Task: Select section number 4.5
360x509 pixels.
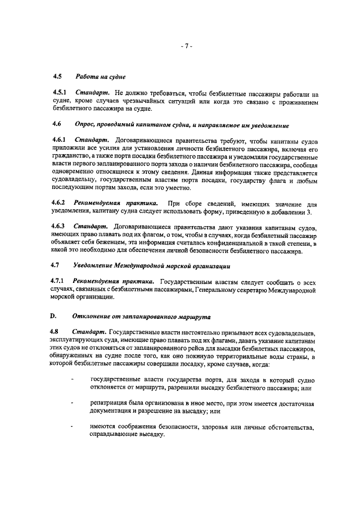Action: (x=56, y=76)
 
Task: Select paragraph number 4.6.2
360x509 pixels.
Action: (x=58, y=202)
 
